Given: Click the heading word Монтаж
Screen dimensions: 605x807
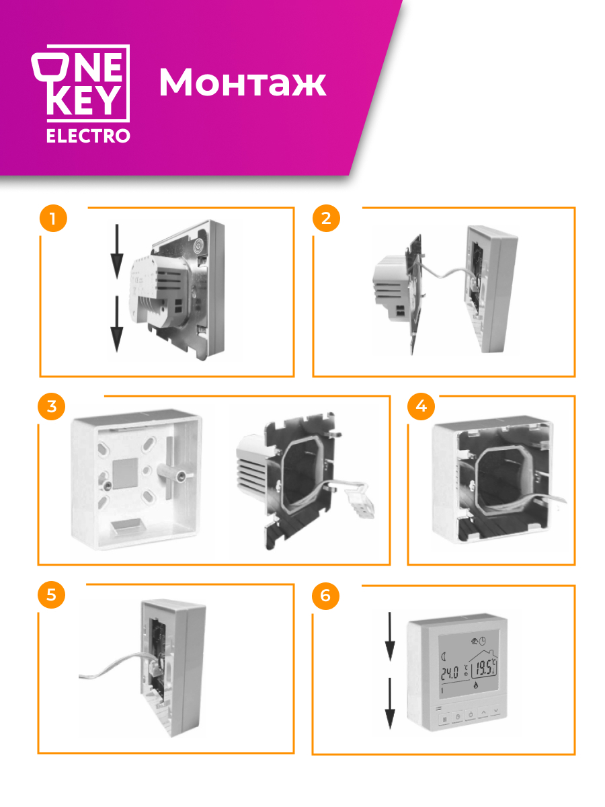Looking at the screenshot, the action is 243,82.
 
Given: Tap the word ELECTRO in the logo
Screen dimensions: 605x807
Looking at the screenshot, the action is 88,136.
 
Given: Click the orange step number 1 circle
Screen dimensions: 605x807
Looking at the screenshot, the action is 53,218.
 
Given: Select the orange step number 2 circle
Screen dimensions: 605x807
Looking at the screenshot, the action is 326,218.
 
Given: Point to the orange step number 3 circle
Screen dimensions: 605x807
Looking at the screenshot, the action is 52,406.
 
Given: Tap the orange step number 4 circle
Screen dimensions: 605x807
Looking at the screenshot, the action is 421,406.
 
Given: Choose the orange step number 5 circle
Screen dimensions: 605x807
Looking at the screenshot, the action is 52,594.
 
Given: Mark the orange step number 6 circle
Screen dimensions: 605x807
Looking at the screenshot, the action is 325,596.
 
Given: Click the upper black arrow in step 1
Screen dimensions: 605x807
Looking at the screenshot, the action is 117,251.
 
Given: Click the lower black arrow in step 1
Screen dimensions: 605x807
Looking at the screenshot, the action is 117,324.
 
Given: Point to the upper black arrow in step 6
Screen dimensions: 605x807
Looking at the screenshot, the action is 390,636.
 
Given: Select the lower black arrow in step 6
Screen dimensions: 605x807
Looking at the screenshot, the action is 390,703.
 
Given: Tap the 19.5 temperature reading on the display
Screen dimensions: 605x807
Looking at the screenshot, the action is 484,668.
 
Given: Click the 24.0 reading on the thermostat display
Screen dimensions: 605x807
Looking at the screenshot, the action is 450,673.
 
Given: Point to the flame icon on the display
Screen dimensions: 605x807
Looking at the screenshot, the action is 476,684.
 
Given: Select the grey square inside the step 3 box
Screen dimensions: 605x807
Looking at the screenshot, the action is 125,473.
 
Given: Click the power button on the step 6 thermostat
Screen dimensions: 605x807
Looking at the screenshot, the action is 471,715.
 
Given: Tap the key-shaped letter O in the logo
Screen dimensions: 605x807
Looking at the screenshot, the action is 50,68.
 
